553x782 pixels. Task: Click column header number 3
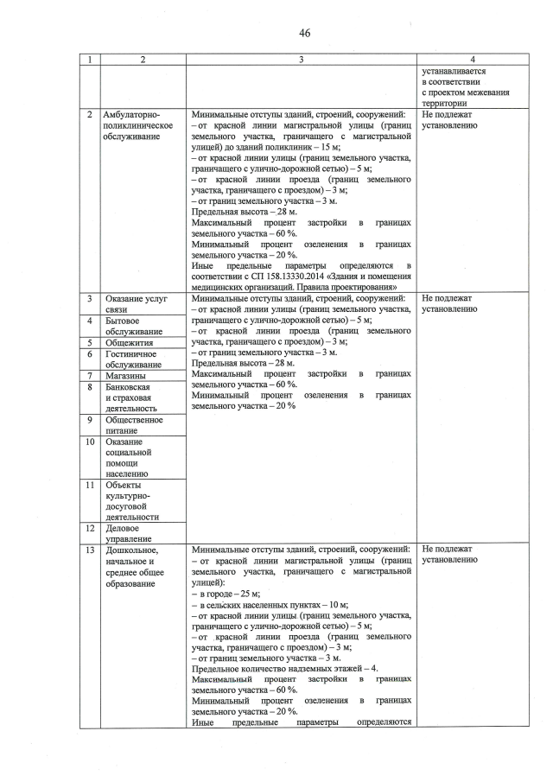tap(301, 60)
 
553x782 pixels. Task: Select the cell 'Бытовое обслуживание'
tap(133, 326)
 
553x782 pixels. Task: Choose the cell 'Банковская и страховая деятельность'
tap(133, 397)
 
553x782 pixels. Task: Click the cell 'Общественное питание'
tap(134, 425)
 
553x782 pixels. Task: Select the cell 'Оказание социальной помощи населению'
tap(129, 457)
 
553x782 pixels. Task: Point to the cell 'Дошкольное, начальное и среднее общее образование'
tap(134, 566)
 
